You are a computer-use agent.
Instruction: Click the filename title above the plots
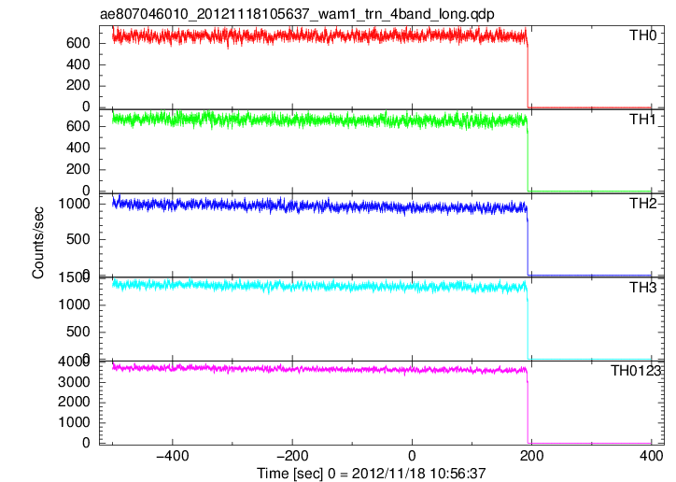pyautogui.click(x=297, y=14)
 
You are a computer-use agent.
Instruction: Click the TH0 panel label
pyautogui.click(x=642, y=35)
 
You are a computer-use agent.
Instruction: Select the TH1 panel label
pyautogui.click(x=642, y=119)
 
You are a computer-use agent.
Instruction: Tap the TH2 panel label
pyautogui.click(x=642, y=203)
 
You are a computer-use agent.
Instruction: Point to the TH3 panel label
pyautogui.click(x=642, y=287)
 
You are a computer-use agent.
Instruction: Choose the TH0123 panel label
pyautogui.click(x=636, y=370)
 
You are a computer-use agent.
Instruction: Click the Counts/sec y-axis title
pyautogui.click(x=38, y=243)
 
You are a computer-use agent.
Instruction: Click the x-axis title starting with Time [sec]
pyautogui.click(x=372, y=473)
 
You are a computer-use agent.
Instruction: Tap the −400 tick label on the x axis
pyautogui.click(x=172, y=455)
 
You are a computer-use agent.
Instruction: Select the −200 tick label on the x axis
pyautogui.click(x=292, y=455)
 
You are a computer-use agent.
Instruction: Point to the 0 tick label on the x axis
pyautogui.click(x=412, y=455)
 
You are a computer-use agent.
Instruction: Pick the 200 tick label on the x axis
pyautogui.click(x=531, y=455)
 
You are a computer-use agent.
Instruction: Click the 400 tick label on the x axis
pyautogui.click(x=652, y=455)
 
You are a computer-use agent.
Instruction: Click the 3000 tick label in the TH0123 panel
pyautogui.click(x=74, y=381)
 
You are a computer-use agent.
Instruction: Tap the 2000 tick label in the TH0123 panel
pyautogui.click(x=74, y=402)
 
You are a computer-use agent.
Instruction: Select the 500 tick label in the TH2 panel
pyautogui.click(x=78, y=239)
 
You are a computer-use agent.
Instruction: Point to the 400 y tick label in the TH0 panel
pyautogui.click(x=78, y=64)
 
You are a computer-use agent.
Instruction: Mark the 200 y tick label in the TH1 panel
pyautogui.click(x=78, y=169)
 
